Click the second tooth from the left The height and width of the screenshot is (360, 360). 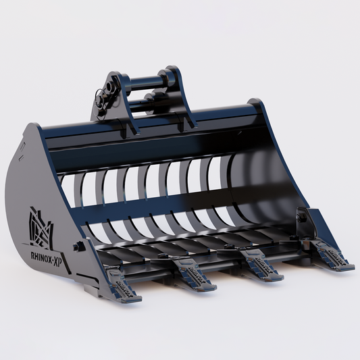tap(195, 276)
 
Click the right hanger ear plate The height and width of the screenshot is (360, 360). tap(177, 95)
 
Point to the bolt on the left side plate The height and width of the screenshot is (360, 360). tap(80, 247)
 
